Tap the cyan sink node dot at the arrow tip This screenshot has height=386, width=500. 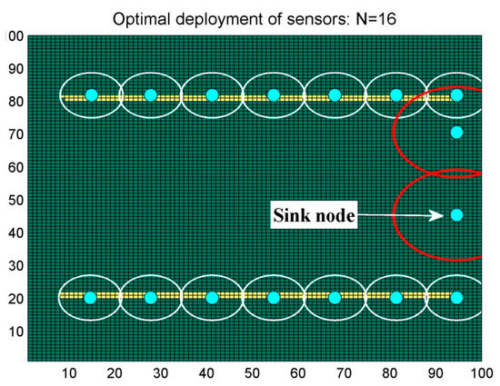(x=456, y=215)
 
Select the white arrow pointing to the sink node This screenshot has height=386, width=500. (x=401, y=215)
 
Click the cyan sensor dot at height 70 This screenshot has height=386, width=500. (x=456, y=133)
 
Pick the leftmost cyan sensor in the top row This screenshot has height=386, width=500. (x=91, y=95)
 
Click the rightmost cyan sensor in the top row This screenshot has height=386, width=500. (x=456, y=95)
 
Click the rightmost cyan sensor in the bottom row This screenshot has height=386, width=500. (x=456, y=297)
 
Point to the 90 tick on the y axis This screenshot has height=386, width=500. (x=15, y=68)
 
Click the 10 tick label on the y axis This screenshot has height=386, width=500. (x=15, y=332)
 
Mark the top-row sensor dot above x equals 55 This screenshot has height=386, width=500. (x=274, y=95)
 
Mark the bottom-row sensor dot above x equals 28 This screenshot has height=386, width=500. (x=151, y=297)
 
